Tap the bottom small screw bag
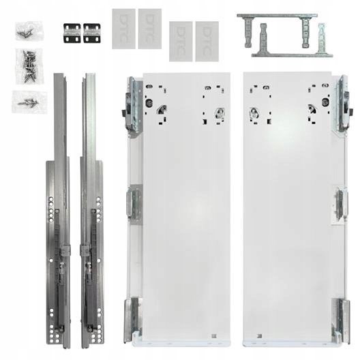point(29,102)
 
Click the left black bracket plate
point(71,31)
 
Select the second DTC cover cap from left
point(149,29)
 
